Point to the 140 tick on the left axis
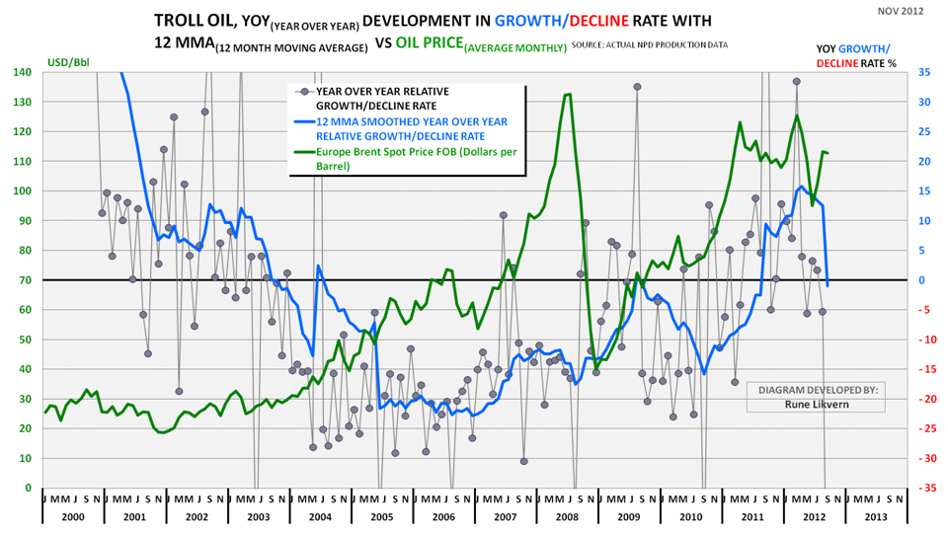pos(22,72)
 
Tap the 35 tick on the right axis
pos(919,72)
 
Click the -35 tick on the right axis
pos(918,488)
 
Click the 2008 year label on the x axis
pos(566,515)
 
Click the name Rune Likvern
pos(817,404)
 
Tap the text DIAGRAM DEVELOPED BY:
pos(817,390)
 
